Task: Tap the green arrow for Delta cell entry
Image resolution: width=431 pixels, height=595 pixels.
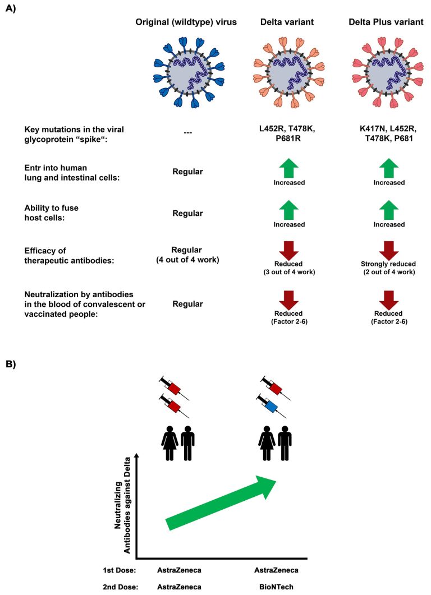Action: (x=287, y=168)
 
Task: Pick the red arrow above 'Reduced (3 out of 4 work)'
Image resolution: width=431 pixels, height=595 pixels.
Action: (x=287, y=251)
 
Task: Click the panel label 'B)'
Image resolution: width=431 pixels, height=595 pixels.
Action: (x=12, y=364)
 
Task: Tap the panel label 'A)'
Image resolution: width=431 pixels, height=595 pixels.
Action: (x=12, y=10)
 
